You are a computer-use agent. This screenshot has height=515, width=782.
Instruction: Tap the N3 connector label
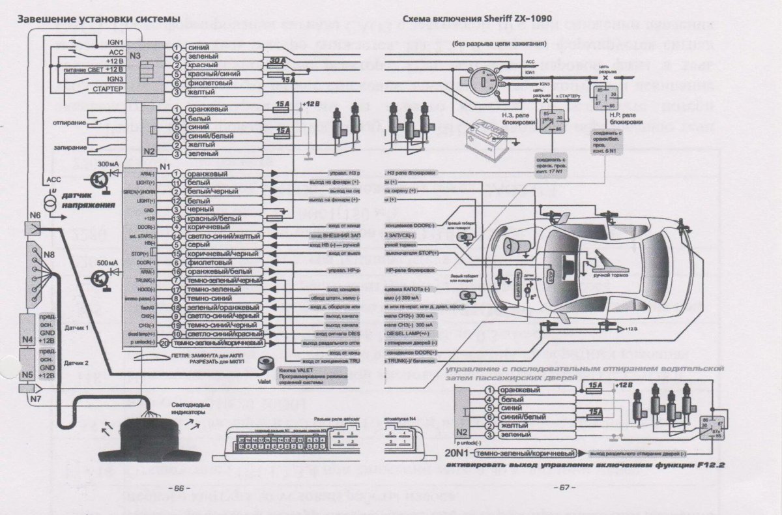[x=134, y=55]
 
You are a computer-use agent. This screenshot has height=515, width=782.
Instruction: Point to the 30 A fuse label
[x=276, y=59]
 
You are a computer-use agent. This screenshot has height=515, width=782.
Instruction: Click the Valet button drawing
[x=266, y=366]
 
